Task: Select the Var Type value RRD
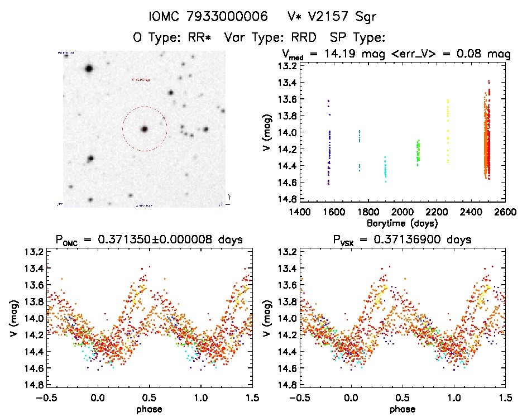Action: [x=301, y=38]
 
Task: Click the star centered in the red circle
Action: [x=145, y=129]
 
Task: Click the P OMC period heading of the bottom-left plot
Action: [x=149, y=240]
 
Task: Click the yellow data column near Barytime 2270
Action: [x=448, y=131]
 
